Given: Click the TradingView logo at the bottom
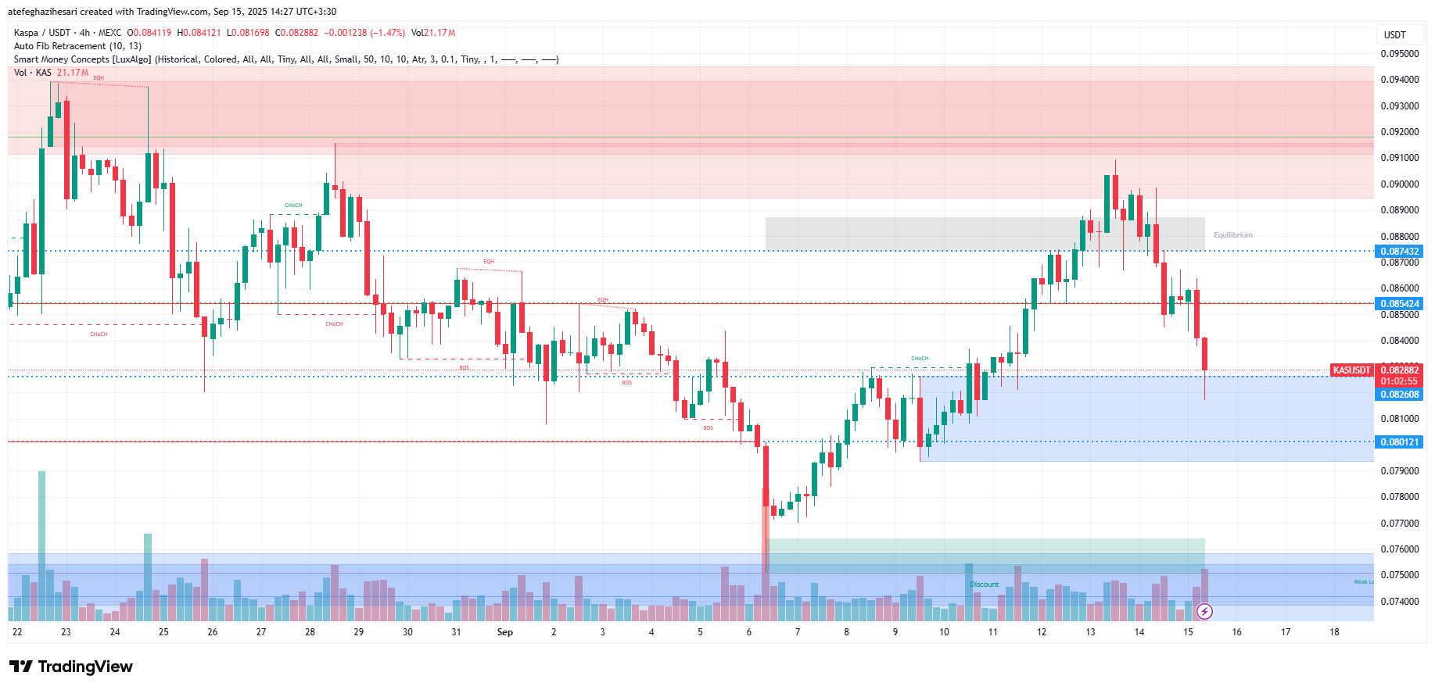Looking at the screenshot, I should click(x=71, y=667).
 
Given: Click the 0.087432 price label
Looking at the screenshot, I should click(x=1399, y=252).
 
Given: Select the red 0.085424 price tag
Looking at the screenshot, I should click(x=1399, y=304).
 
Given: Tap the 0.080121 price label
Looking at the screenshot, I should click(x=1399, y=442).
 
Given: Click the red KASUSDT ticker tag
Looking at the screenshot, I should click(x=1351, y=370).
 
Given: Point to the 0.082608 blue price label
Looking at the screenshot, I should click(x=1399, y=395).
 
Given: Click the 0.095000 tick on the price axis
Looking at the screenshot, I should click(x=1399, y=54).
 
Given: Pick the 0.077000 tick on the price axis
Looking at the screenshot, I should click(x=1399, y=524).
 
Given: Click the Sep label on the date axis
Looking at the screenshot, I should click(x=505, y=632).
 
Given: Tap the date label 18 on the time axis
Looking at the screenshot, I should click(x=1334, y=632).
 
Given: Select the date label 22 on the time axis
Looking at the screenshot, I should click(x=17, y=632).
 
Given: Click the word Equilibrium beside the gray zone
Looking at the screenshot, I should click(x=1232, y=235).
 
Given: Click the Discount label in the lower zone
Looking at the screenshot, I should click(x=984, y=585).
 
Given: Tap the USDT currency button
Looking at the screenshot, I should click(x=1395, y=34).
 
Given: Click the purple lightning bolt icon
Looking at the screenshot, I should click(x=1204, y=611).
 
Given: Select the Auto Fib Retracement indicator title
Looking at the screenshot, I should click(x=77, y=46).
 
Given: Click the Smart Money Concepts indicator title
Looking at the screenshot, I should click(x=82, y=59).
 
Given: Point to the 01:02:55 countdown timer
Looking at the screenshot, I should click(x=1399, y=381).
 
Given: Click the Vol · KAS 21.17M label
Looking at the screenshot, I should click(x=51, y=73).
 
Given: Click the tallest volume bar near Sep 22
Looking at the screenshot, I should click(x=41, y=539).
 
